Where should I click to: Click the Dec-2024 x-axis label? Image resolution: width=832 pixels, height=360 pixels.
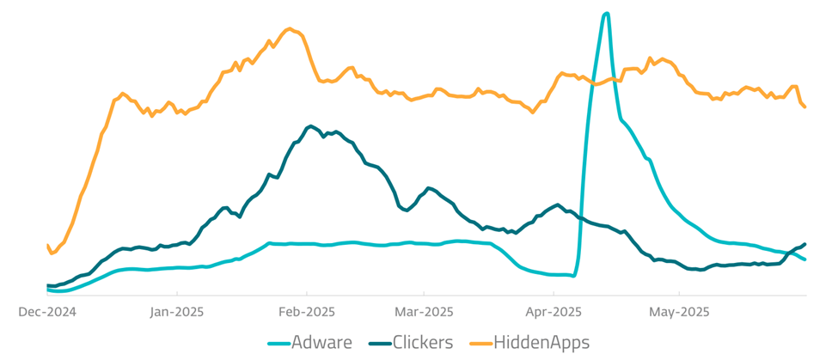47,312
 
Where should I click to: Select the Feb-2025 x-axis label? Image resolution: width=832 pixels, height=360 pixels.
306,312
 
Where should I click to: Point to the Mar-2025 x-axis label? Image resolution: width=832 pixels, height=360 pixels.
425,312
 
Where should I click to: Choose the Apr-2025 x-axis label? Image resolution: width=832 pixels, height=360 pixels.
554,312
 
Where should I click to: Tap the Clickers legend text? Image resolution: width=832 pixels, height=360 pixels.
422,343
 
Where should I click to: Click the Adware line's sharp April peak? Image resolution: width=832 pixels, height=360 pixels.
607,14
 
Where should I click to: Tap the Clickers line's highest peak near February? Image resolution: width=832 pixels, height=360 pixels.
310,125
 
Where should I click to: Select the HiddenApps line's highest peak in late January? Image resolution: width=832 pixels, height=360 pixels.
291,28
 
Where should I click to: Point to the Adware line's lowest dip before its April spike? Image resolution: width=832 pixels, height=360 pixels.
573,276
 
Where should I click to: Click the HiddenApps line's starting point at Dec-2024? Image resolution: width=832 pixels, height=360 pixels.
47,246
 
